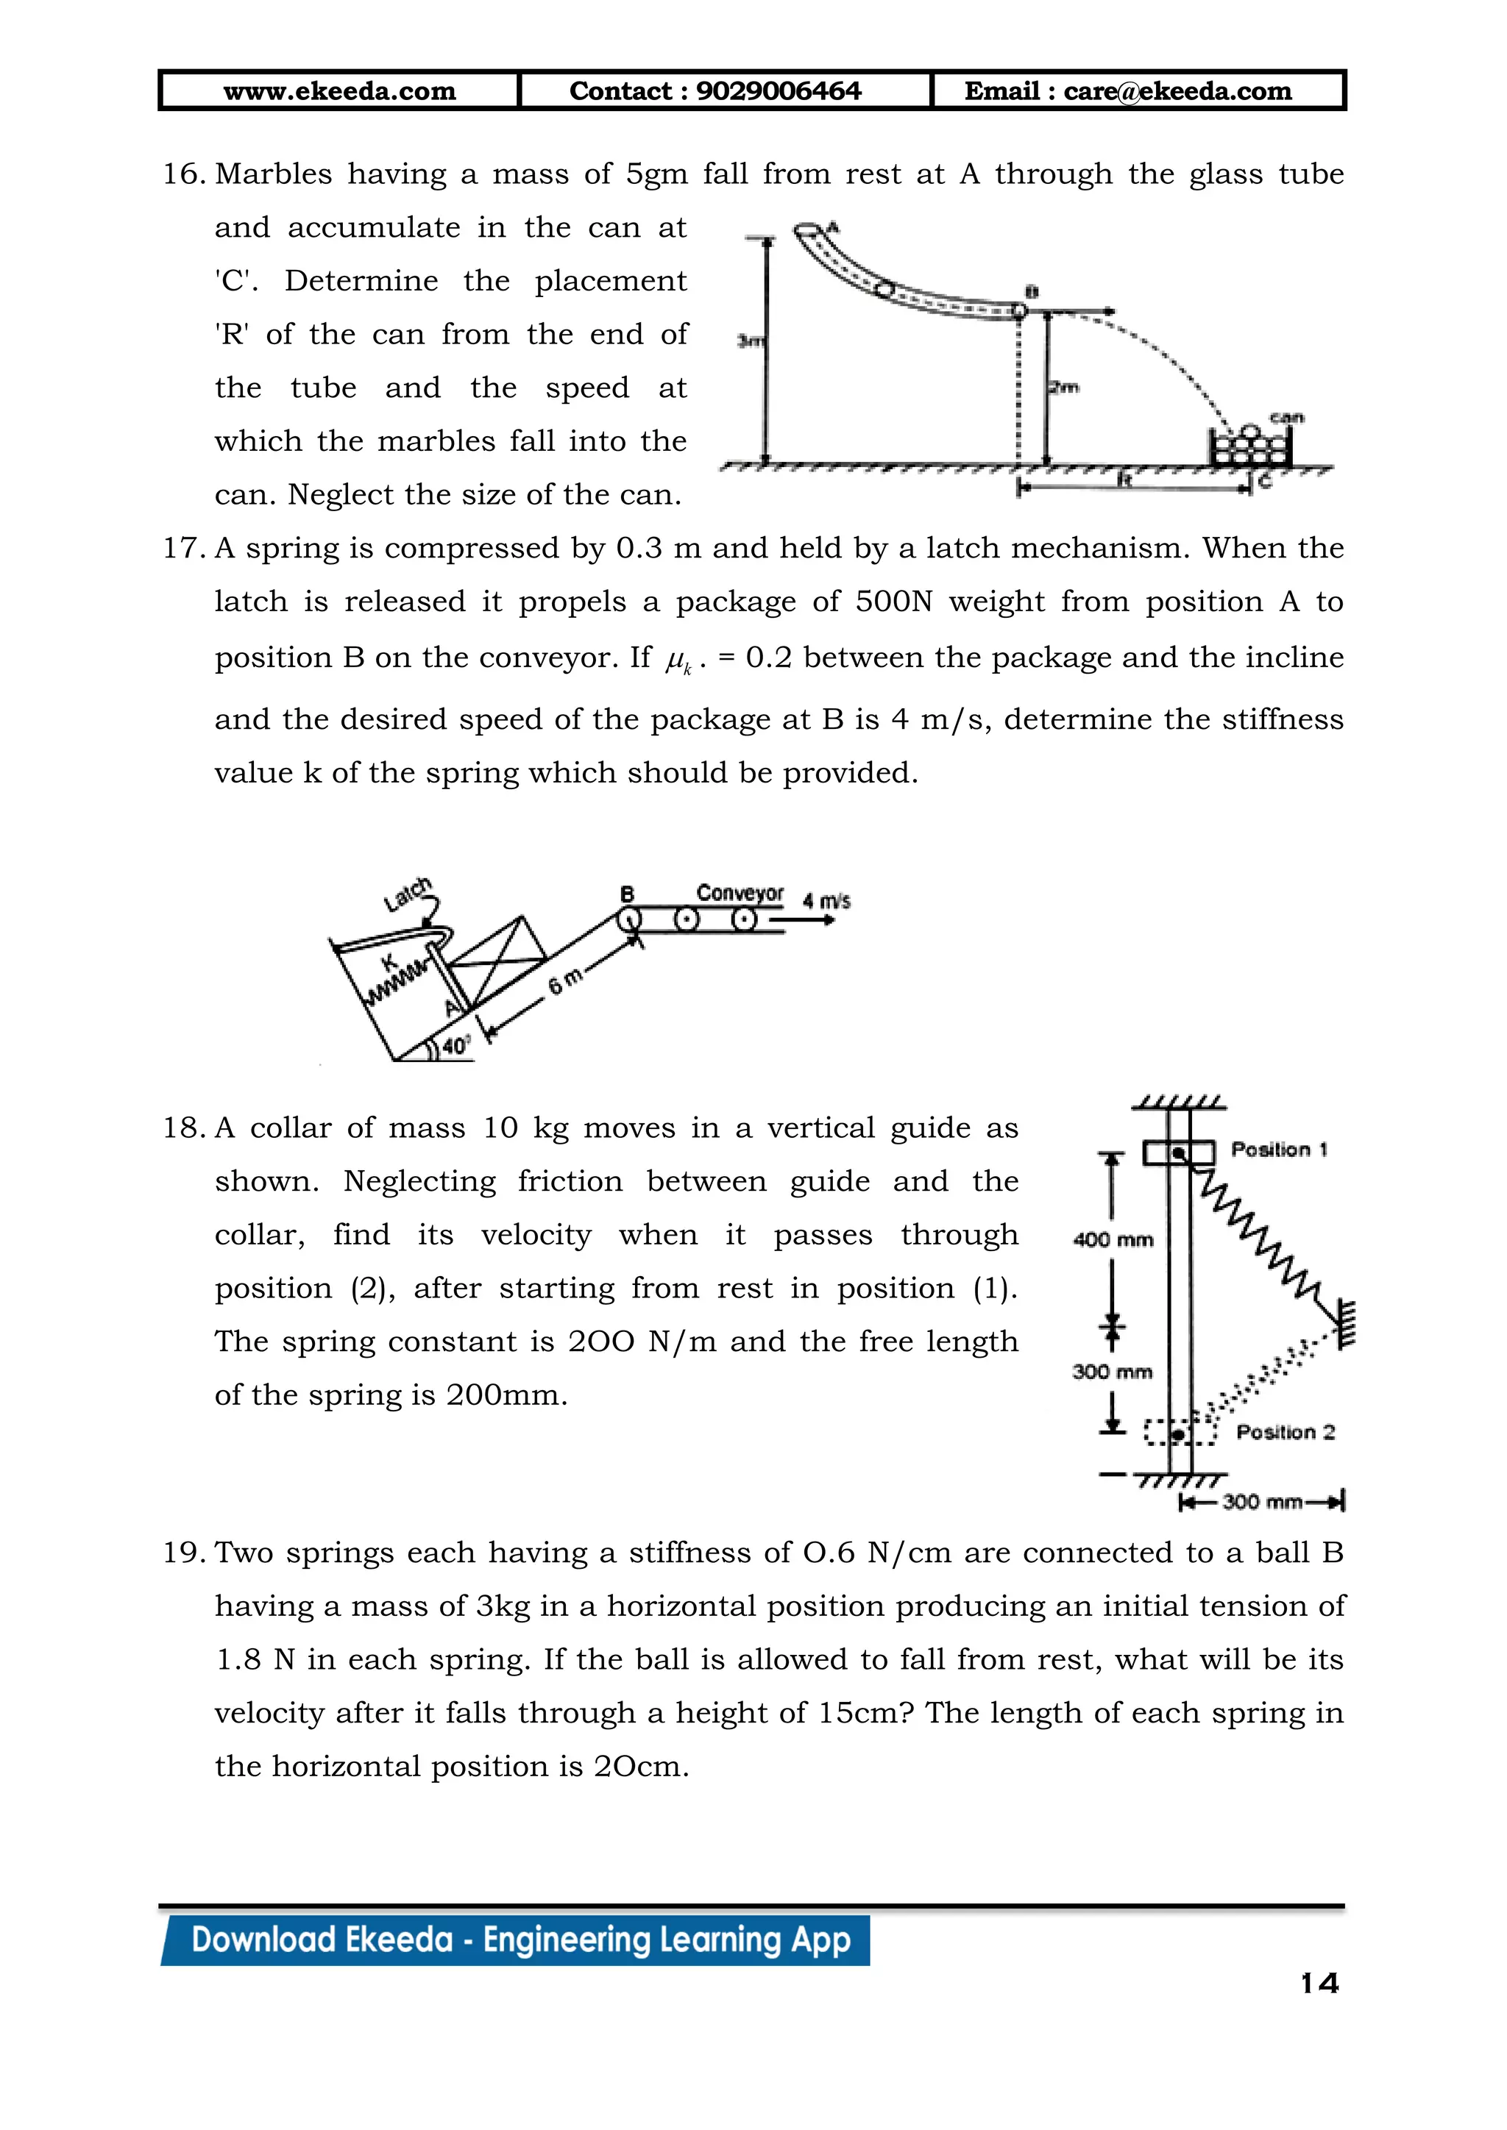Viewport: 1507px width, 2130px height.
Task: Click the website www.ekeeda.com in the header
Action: [340, 91]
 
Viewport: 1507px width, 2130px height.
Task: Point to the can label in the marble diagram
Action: [1286, 418]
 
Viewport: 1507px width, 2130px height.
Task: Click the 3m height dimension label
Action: [750, 341]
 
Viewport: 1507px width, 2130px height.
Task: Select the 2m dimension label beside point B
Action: [1064, 387]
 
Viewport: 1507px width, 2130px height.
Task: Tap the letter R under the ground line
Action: [1124, 479]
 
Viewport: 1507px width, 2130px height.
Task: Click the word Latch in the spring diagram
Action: [408, 894]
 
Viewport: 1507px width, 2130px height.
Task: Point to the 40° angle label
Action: [455, 1047]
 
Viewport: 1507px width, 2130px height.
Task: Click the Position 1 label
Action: [1279, 1150]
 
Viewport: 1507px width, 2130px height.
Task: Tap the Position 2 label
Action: [1286, 1432]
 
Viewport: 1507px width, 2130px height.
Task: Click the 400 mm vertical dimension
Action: [1113, 1239]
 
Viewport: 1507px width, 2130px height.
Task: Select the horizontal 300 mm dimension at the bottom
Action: [1262, 1502]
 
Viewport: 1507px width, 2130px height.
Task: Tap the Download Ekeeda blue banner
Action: [520, 1940]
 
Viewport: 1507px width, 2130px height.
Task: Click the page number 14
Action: [1319, 1984]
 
